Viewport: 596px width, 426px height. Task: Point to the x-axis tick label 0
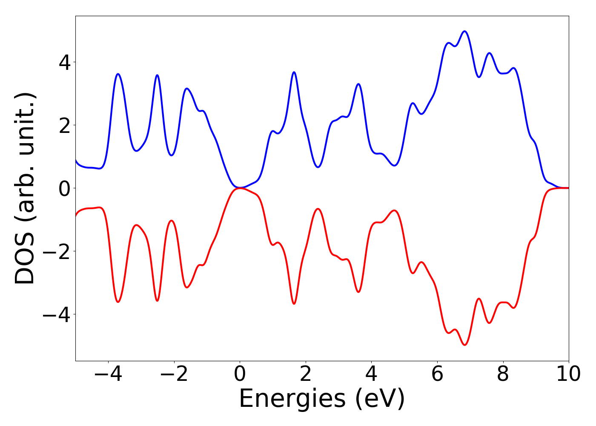(240, 374)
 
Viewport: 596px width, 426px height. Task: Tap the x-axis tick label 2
(306, 374)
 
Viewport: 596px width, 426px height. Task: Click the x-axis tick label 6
(437, 374)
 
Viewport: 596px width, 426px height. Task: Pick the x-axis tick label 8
(503, 374)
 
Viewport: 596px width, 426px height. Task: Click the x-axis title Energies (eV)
(322, 399)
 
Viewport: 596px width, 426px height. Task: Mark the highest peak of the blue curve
(464, 31)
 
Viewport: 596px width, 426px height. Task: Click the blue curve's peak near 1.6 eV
(294, 72)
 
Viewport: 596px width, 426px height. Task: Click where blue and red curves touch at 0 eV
(240, 188)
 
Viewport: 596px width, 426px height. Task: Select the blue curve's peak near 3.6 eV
(358, 84)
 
